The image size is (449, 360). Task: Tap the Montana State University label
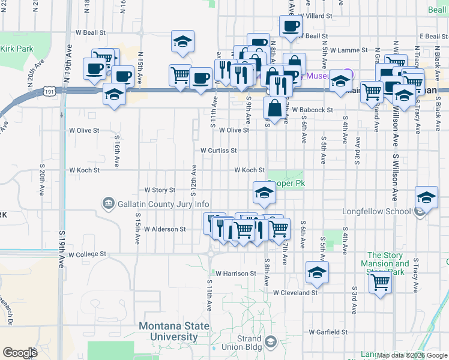174,331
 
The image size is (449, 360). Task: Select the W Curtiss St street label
218,151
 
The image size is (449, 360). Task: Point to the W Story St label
160,190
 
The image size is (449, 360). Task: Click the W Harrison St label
236,273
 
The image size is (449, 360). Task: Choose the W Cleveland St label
295,293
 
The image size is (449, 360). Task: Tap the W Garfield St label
328,331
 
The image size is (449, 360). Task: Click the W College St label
87,254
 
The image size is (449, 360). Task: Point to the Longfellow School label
376,212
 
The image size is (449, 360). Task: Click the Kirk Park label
14,49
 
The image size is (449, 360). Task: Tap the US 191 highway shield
50,91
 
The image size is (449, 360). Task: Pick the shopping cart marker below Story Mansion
380,282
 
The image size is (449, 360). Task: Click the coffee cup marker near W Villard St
291,26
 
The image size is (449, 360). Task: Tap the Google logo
20,353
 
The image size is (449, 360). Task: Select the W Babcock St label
313,110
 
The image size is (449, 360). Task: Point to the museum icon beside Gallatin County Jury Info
108,204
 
